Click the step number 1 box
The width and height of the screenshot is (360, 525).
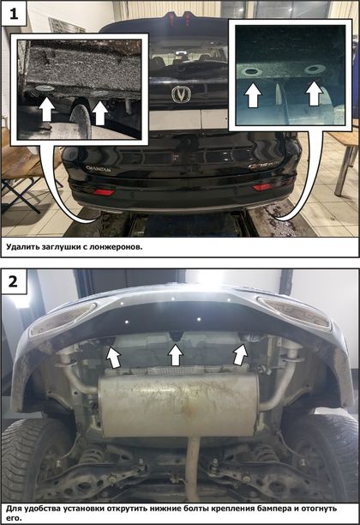(x=14, y=14)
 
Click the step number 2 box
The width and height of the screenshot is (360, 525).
(x=14, y=281)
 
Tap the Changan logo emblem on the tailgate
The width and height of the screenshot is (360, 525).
(x=181, y=94)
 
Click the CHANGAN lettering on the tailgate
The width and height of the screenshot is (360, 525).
(x=98, y=169)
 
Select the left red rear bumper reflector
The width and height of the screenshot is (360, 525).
(x=104, y=192)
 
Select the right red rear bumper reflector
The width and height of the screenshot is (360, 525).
(x=262, y=187)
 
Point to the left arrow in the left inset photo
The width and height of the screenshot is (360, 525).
(x=46, y=109)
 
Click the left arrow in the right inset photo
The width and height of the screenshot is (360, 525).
(x=253, y=95)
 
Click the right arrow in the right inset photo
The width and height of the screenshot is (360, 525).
(x=314, y=94)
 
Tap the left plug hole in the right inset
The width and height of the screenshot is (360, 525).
(x=253, y=71)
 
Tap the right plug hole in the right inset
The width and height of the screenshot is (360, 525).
(x=314, y=69)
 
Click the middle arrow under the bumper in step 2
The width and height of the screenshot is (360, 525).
(x=176, y=355)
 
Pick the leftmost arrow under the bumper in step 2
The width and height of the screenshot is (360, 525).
(x=114, y=357)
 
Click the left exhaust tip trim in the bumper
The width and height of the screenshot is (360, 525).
(x=63, y=319)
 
